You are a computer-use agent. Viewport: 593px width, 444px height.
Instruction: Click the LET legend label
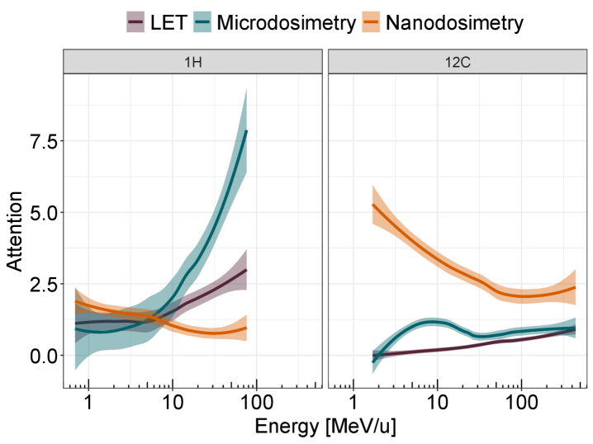pos(171,22)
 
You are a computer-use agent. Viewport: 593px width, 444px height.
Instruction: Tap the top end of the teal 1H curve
pos(246,131)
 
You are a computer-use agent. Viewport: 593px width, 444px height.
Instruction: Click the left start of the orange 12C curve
pos(373,205)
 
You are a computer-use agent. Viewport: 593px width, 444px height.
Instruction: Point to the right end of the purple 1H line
pos(246,270)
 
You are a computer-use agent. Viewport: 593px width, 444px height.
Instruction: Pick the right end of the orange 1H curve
pos(246,328)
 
